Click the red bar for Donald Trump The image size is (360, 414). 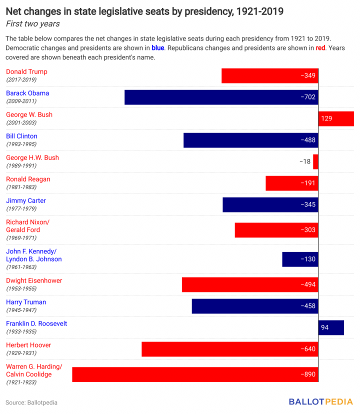point(270,75)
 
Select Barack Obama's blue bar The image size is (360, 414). point(221,97)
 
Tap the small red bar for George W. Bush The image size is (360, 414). point(335,118)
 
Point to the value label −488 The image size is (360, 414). point(308,140)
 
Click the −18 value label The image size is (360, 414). point(304,161)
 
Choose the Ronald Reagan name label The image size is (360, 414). point(28,179)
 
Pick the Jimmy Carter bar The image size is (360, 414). point(270,204)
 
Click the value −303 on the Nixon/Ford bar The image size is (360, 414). point(308,230)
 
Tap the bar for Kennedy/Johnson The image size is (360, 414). point(300,259)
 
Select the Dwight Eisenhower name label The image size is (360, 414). point(34,280)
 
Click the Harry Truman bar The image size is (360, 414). point(255,306)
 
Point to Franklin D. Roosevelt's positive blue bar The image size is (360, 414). point(331,327)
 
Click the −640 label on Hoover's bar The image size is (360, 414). point(308,349)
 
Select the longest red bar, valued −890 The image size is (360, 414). point(195,374)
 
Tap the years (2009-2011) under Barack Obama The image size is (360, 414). point(21,101)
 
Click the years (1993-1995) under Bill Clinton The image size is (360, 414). point(21,144)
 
